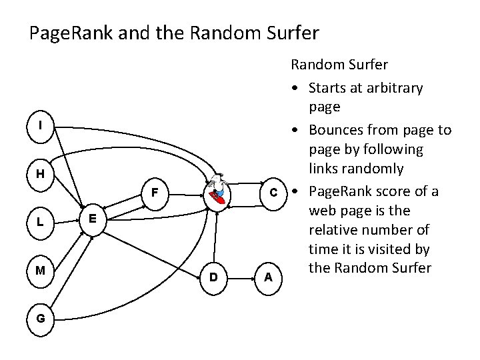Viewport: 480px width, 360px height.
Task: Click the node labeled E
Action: click(x=93, y=218)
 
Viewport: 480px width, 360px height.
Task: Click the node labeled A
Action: click(x=267, y=276)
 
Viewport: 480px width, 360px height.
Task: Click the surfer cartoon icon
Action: click(x=215, y=192)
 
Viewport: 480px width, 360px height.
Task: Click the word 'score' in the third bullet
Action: click(x=391, y=193)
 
